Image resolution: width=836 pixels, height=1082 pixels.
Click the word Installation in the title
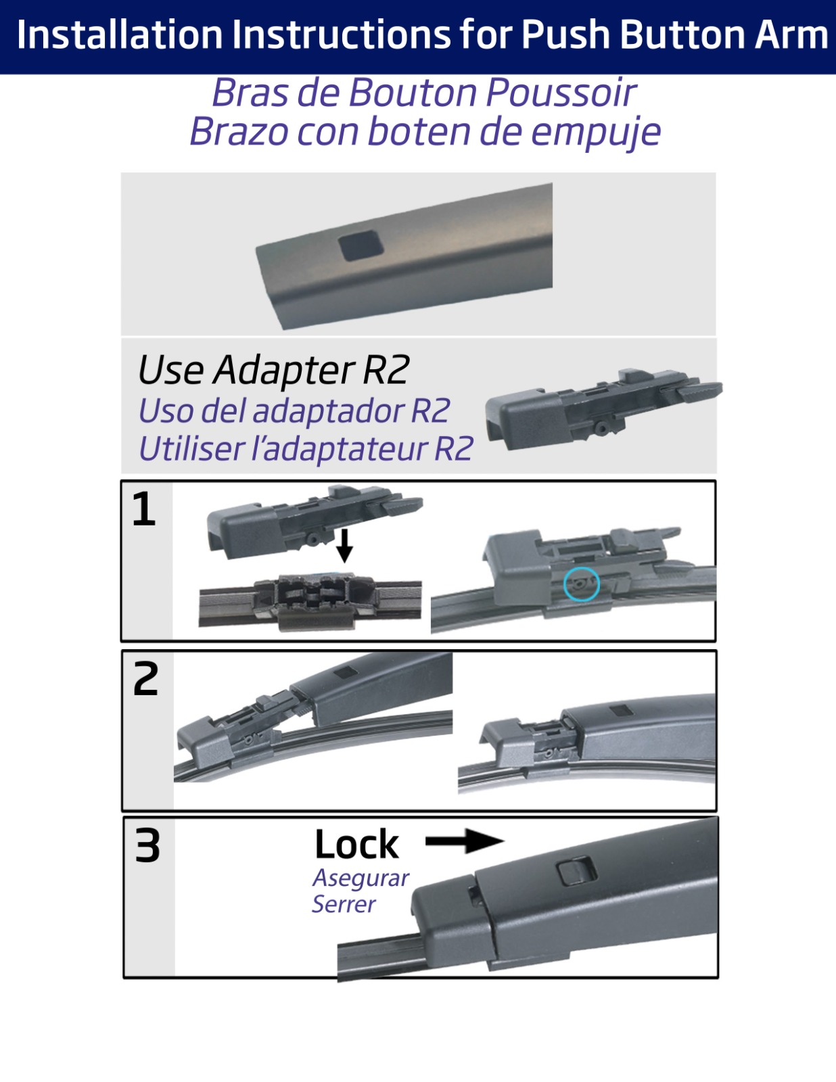coord(120,35)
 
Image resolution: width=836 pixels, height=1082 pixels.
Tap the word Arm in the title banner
coord(791,35)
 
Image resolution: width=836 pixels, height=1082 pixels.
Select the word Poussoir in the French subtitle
coord(561,93)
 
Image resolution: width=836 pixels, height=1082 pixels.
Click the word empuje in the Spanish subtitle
coord(595,133)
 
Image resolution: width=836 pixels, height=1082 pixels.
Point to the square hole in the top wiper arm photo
coord(361,245)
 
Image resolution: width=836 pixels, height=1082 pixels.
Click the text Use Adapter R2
coord(273,370)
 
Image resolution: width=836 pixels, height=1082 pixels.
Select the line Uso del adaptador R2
coord(294,410)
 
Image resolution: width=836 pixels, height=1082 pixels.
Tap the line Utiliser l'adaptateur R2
coord(306,448)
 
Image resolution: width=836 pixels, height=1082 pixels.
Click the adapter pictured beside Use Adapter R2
coord(603,409)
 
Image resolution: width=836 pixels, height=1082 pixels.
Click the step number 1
coord(144,509)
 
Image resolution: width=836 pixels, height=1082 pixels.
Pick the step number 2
coord(145,679)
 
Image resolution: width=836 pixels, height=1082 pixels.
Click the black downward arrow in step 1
coord(344,546)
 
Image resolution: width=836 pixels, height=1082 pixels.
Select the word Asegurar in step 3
coord(361,878)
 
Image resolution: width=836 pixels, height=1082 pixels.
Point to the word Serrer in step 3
coord(344,903)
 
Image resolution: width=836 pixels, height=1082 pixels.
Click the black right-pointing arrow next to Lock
coord(465,841)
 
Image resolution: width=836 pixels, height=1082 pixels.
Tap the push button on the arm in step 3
coord(576,871)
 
